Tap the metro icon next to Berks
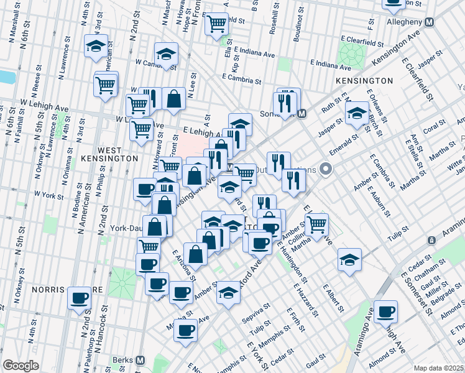click(x=140, y=361)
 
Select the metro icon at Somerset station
click(x=302, y=113)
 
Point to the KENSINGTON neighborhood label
click(x=364, y=81)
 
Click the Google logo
click(x=21, y=366)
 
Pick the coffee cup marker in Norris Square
click(x=79, y=298)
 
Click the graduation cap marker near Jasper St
click(x=357, y=113)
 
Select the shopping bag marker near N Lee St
click(x=173, y=98)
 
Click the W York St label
click(x=49, y=195)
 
